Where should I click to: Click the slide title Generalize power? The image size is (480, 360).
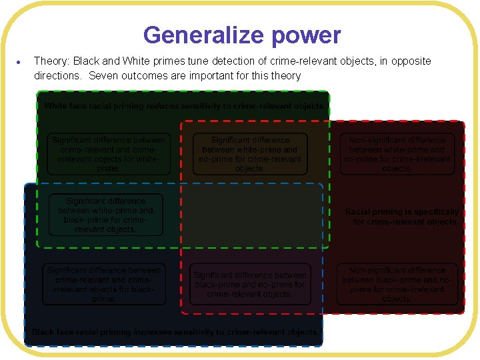(x=241, y=35)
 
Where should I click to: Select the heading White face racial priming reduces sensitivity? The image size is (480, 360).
(x=184, y=106)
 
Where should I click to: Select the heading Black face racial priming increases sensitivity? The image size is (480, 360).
(x=175, y=331)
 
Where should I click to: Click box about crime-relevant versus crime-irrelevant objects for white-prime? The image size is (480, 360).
(x=109, y=154)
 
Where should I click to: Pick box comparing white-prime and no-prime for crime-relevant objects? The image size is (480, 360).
(x=250, y=154)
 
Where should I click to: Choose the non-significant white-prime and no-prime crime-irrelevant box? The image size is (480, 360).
(x=397, y=154)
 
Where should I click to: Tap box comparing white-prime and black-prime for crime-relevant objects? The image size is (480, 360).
(x=105, y=215)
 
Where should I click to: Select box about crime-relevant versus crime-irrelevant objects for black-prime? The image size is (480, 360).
(x=104, y=285)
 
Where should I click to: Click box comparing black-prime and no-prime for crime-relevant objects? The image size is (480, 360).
(x=250, y=285)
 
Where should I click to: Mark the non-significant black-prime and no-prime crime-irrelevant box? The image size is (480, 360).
(x=397, y=285)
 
